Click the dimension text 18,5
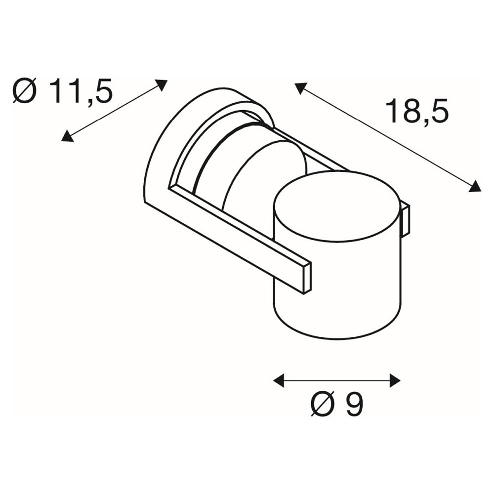tap(416, 111)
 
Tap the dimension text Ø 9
tap(336, 404)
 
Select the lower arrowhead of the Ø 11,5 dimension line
tap(67, 136)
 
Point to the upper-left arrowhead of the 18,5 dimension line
tap(300, 88)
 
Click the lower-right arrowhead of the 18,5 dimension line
tap(475, 186)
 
